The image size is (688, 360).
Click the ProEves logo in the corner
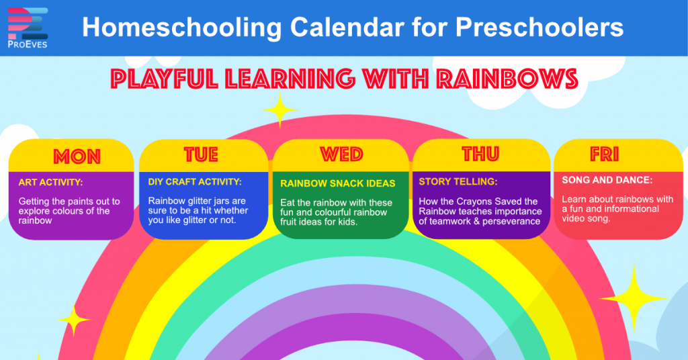pos(28,28)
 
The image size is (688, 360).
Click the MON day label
pos(77,156)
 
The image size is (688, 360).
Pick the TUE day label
pos(201,154)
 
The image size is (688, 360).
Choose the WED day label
pos(341,154)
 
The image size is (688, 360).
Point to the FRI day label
pos(604,154)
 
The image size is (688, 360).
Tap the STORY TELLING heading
pos(458,181)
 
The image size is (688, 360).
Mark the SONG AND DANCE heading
pos(607,180)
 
